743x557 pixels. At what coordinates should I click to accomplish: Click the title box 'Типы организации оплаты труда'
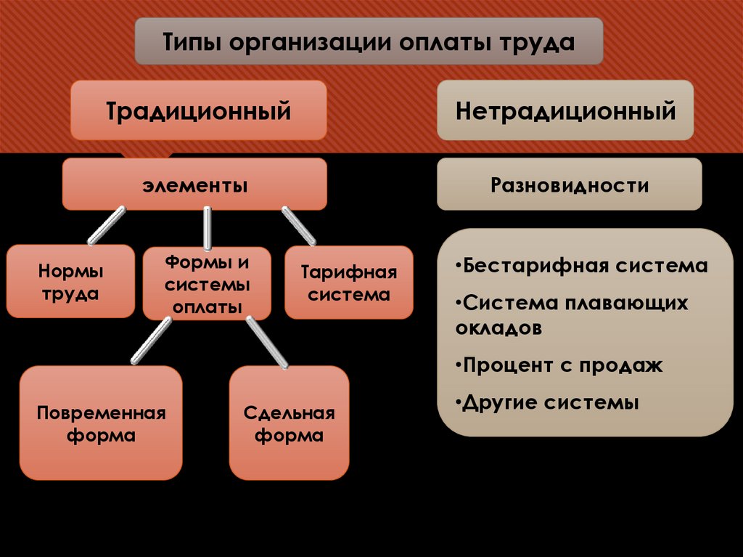pyautogui.click(x=369, y=41)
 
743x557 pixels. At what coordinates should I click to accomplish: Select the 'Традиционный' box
pyautogui.click(x=198, y=111)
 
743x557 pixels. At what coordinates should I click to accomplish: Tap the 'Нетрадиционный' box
pyautogui.click(x=565, y=111)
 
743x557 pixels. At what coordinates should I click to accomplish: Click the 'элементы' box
pyautogui.click(x=194, y=185)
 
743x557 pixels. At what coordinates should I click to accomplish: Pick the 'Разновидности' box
pyautogui.click(x=569, y=185)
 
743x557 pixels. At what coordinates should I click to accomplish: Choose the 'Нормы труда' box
pyautogui.click(x=70, y=282)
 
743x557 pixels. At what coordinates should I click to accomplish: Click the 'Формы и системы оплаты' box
pyautogui.click(x=207, y=283)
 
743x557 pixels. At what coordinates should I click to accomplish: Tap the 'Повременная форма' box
pyautogui.click(x=101, y=423)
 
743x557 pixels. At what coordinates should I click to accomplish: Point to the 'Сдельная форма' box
pyautogui.click(x=289, y=423)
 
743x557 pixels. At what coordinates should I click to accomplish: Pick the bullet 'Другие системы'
pyautogui.click(x=550, y=402)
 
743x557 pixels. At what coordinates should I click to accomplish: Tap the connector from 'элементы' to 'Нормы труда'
pyautogui.click(x=107, y=225)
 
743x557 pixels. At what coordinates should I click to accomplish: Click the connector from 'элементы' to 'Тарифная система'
pyautogui.click(x=298, y=225)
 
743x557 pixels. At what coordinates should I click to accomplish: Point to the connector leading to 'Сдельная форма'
pyautogui.click(x=266, y=341)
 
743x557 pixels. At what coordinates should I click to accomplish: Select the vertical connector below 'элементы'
pyautogui.click(x=207, y=227)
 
